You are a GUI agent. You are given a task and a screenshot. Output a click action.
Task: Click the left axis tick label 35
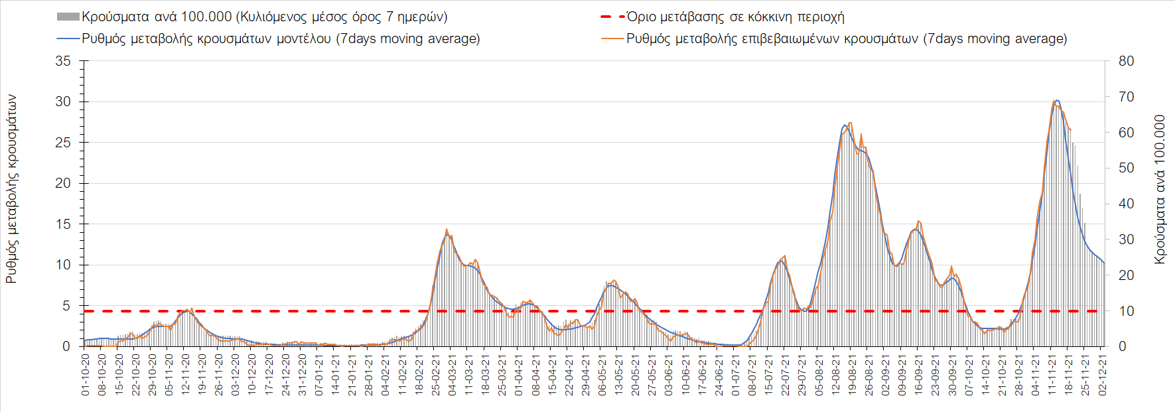click(x=62, y=61)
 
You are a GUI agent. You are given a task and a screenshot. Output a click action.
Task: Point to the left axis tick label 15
click(x=62, y=224)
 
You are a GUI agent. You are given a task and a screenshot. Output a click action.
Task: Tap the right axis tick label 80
click(x=1126, y=61)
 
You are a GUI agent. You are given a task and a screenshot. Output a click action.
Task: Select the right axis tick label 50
click(x=1126, y=169)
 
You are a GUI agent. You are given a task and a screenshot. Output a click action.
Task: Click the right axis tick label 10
click(x=1126, y=311)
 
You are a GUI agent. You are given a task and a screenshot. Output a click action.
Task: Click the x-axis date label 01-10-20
click(x=86, y=375)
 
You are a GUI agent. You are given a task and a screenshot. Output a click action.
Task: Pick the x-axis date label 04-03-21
click(x=452, y=375)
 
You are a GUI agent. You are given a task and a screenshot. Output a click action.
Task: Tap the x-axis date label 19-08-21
click(x=853, y=375)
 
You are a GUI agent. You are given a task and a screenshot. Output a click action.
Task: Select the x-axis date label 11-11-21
click(x=1052, y=375)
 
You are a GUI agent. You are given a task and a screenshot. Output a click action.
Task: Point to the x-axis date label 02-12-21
click(x=1103, y=375)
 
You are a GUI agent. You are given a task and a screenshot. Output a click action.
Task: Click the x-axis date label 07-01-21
click(x=319, y=375)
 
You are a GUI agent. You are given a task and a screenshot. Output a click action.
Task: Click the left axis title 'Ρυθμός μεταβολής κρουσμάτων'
click(x=11, y=189)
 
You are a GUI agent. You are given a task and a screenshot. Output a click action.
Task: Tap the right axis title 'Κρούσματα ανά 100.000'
click(x=1160, y=190)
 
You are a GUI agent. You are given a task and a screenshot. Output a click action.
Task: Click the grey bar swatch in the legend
click(x=68, y=17)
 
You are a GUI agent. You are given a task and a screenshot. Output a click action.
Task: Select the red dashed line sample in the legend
click(x=612, y=17)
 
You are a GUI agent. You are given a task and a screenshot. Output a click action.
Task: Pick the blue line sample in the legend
click(x=68, y=38)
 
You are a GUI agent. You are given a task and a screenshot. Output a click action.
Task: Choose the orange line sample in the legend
click(x=612, y=38)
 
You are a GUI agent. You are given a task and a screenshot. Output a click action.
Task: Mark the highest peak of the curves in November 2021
click(x=1056, y=100)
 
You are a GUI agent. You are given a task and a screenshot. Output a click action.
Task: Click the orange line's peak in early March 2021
click(x=447, y=230)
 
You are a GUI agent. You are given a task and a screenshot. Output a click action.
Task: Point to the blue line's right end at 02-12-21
click(x=1105, y=263)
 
